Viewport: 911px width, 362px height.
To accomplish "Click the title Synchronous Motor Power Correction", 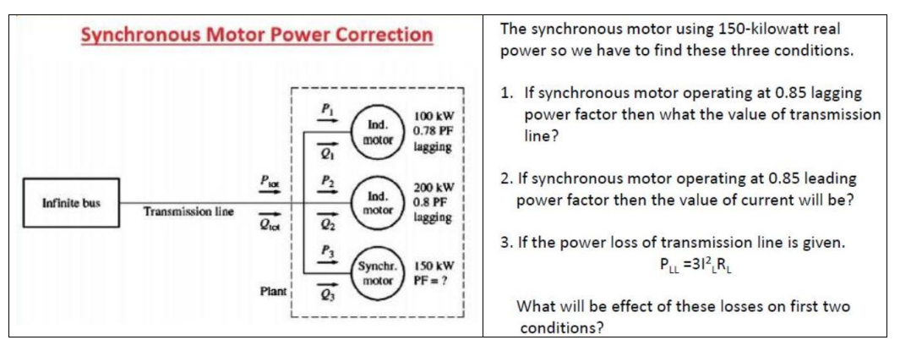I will (256, 36).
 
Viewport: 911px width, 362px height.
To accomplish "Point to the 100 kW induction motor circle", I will (375, 131).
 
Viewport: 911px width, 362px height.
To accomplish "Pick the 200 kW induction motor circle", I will (375, 201).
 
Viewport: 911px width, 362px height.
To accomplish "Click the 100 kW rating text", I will (434, 116).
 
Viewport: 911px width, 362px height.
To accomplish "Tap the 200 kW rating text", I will (434, 187).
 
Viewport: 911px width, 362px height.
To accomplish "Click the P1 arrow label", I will (324, 109).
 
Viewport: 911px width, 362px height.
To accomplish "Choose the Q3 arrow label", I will (324, 295).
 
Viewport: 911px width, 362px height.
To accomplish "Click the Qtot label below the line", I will (269, 226).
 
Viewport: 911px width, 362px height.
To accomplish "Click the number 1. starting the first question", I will (507, 94).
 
